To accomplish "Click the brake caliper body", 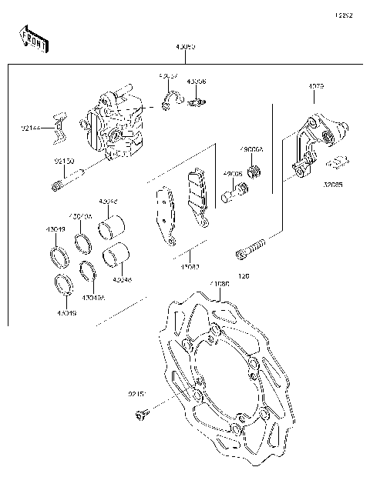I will (114, 127).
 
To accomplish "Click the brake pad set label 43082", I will (190, 266).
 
